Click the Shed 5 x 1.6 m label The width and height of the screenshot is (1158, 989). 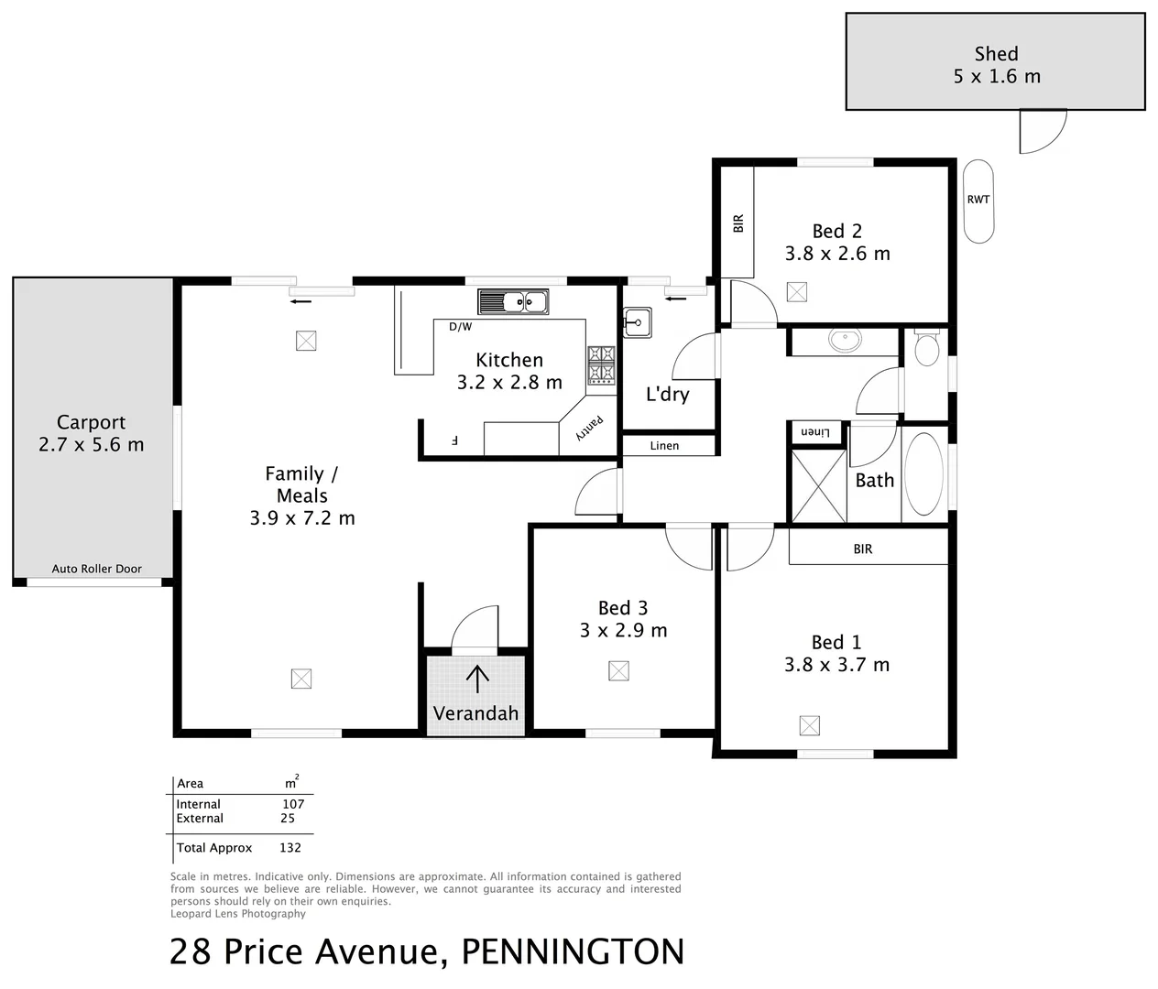point(996,65)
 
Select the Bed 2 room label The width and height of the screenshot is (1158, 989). point(836,232)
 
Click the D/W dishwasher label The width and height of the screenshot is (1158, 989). point(460,327)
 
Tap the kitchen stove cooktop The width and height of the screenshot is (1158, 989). point(601,364)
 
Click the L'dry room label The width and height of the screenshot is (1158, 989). point(667,395)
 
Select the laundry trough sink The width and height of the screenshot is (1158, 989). point(637,321)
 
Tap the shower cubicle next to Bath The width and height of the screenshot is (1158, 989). point(818,485)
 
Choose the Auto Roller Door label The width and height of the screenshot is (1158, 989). point(96,569)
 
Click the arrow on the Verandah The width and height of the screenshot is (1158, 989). point(476,679)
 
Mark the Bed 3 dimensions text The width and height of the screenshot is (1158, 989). point(623,631)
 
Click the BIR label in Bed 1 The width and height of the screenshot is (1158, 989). point(862,549)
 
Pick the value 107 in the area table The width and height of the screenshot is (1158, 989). point(293,804)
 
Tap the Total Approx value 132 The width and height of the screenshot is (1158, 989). point(289,848)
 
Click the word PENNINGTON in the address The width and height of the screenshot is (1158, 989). point(573,952)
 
